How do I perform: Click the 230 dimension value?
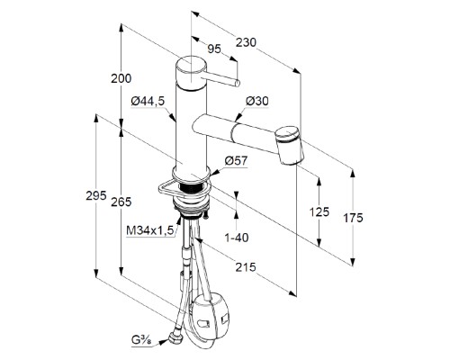246,42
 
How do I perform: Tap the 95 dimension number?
214,49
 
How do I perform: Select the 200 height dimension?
121,78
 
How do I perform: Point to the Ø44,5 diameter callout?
148,101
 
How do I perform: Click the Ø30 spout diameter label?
257,101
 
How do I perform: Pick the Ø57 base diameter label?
237,161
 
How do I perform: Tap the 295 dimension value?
96,196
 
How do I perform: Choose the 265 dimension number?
121,202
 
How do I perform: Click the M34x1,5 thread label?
150,230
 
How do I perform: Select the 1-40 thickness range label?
237,238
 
